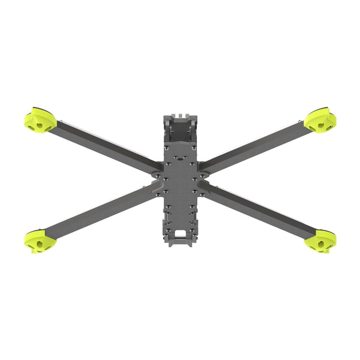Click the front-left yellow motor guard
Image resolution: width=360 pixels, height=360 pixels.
(40, 120)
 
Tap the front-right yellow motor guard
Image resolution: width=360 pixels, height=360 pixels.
(320, 121)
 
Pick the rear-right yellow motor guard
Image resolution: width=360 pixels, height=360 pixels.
(319, 241)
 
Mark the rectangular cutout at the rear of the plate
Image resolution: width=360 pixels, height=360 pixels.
(180, 231)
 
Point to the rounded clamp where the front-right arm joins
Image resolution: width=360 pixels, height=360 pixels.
(204, 173)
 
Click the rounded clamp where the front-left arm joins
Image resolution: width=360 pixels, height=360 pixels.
(156, 173)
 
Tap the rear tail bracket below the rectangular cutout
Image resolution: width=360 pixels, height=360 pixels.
(180, 242)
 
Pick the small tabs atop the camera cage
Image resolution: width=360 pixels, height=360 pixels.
(180, 112)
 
